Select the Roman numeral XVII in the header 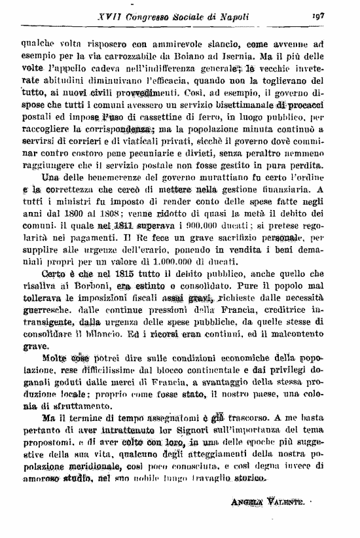(x=89, y=15)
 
